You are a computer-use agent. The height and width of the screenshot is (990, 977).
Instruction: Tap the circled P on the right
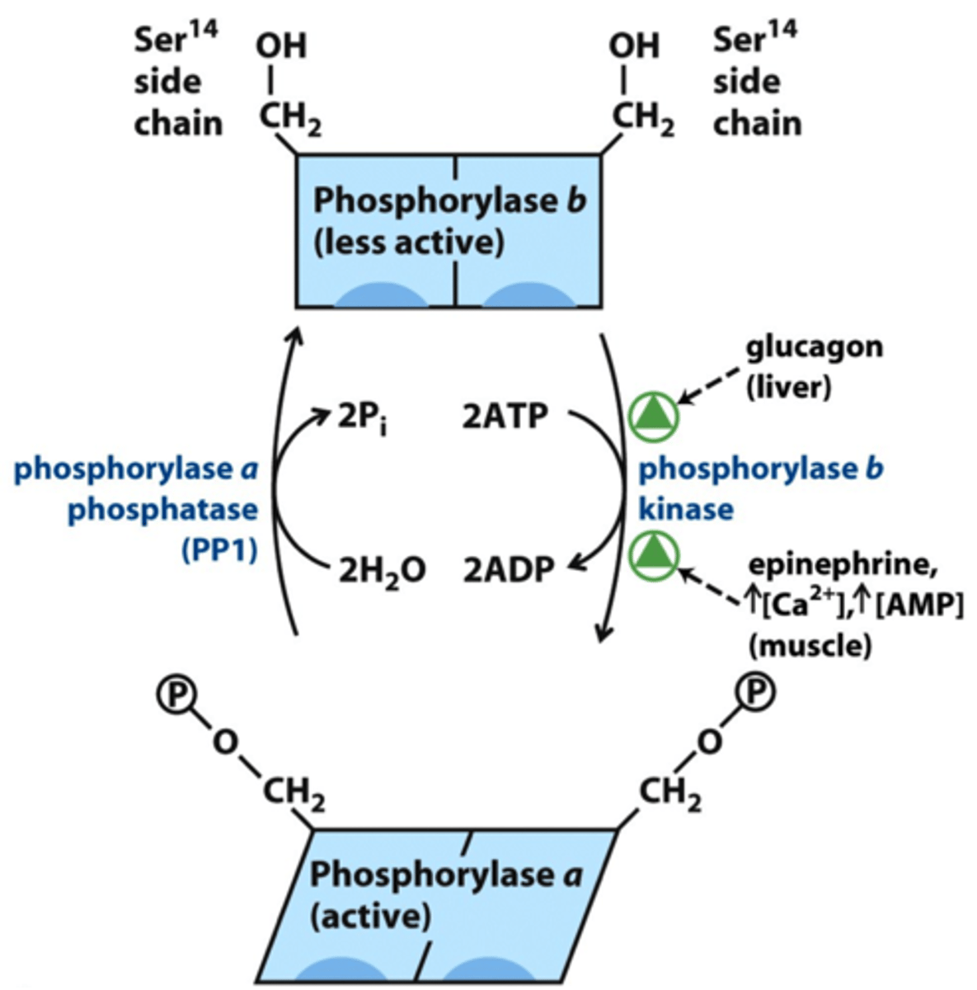(755, 693)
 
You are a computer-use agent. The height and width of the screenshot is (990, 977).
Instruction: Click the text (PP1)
(218, 550)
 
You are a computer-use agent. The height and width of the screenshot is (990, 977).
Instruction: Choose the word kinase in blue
(686, 509)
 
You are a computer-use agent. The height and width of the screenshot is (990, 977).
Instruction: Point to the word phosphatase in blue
(162, 509)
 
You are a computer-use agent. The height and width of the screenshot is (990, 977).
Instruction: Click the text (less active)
(408, 243)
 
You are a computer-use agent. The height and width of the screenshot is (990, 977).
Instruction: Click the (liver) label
(788, 388)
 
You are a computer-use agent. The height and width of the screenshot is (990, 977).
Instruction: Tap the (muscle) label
(809, 646)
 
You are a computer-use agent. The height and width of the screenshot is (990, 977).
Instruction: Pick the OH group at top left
(280, 46)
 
